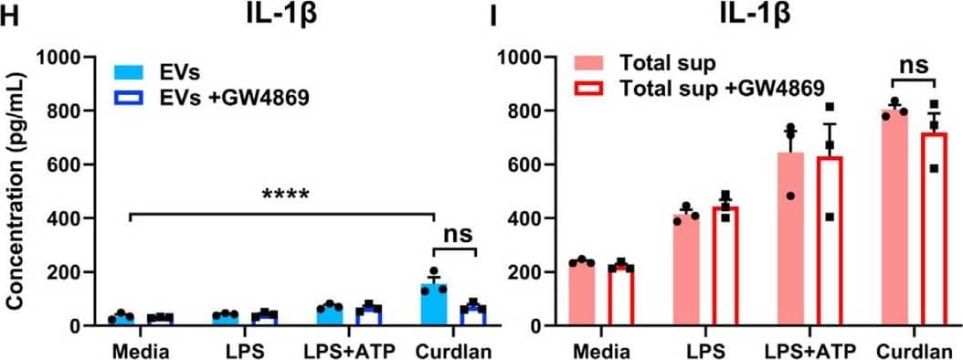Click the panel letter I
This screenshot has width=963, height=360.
click(493, 16)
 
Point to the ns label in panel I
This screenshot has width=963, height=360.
click(903, 67)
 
